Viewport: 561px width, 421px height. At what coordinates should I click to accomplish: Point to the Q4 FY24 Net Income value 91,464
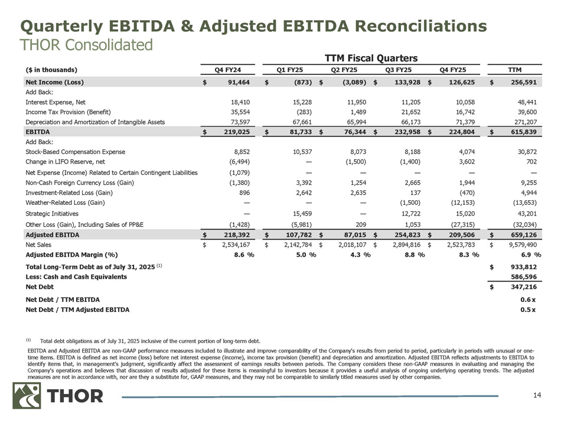[239, 81]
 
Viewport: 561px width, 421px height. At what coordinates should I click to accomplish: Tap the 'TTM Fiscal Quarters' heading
[371, 57]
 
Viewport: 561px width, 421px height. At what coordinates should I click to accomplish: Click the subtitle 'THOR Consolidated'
[86, 45]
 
